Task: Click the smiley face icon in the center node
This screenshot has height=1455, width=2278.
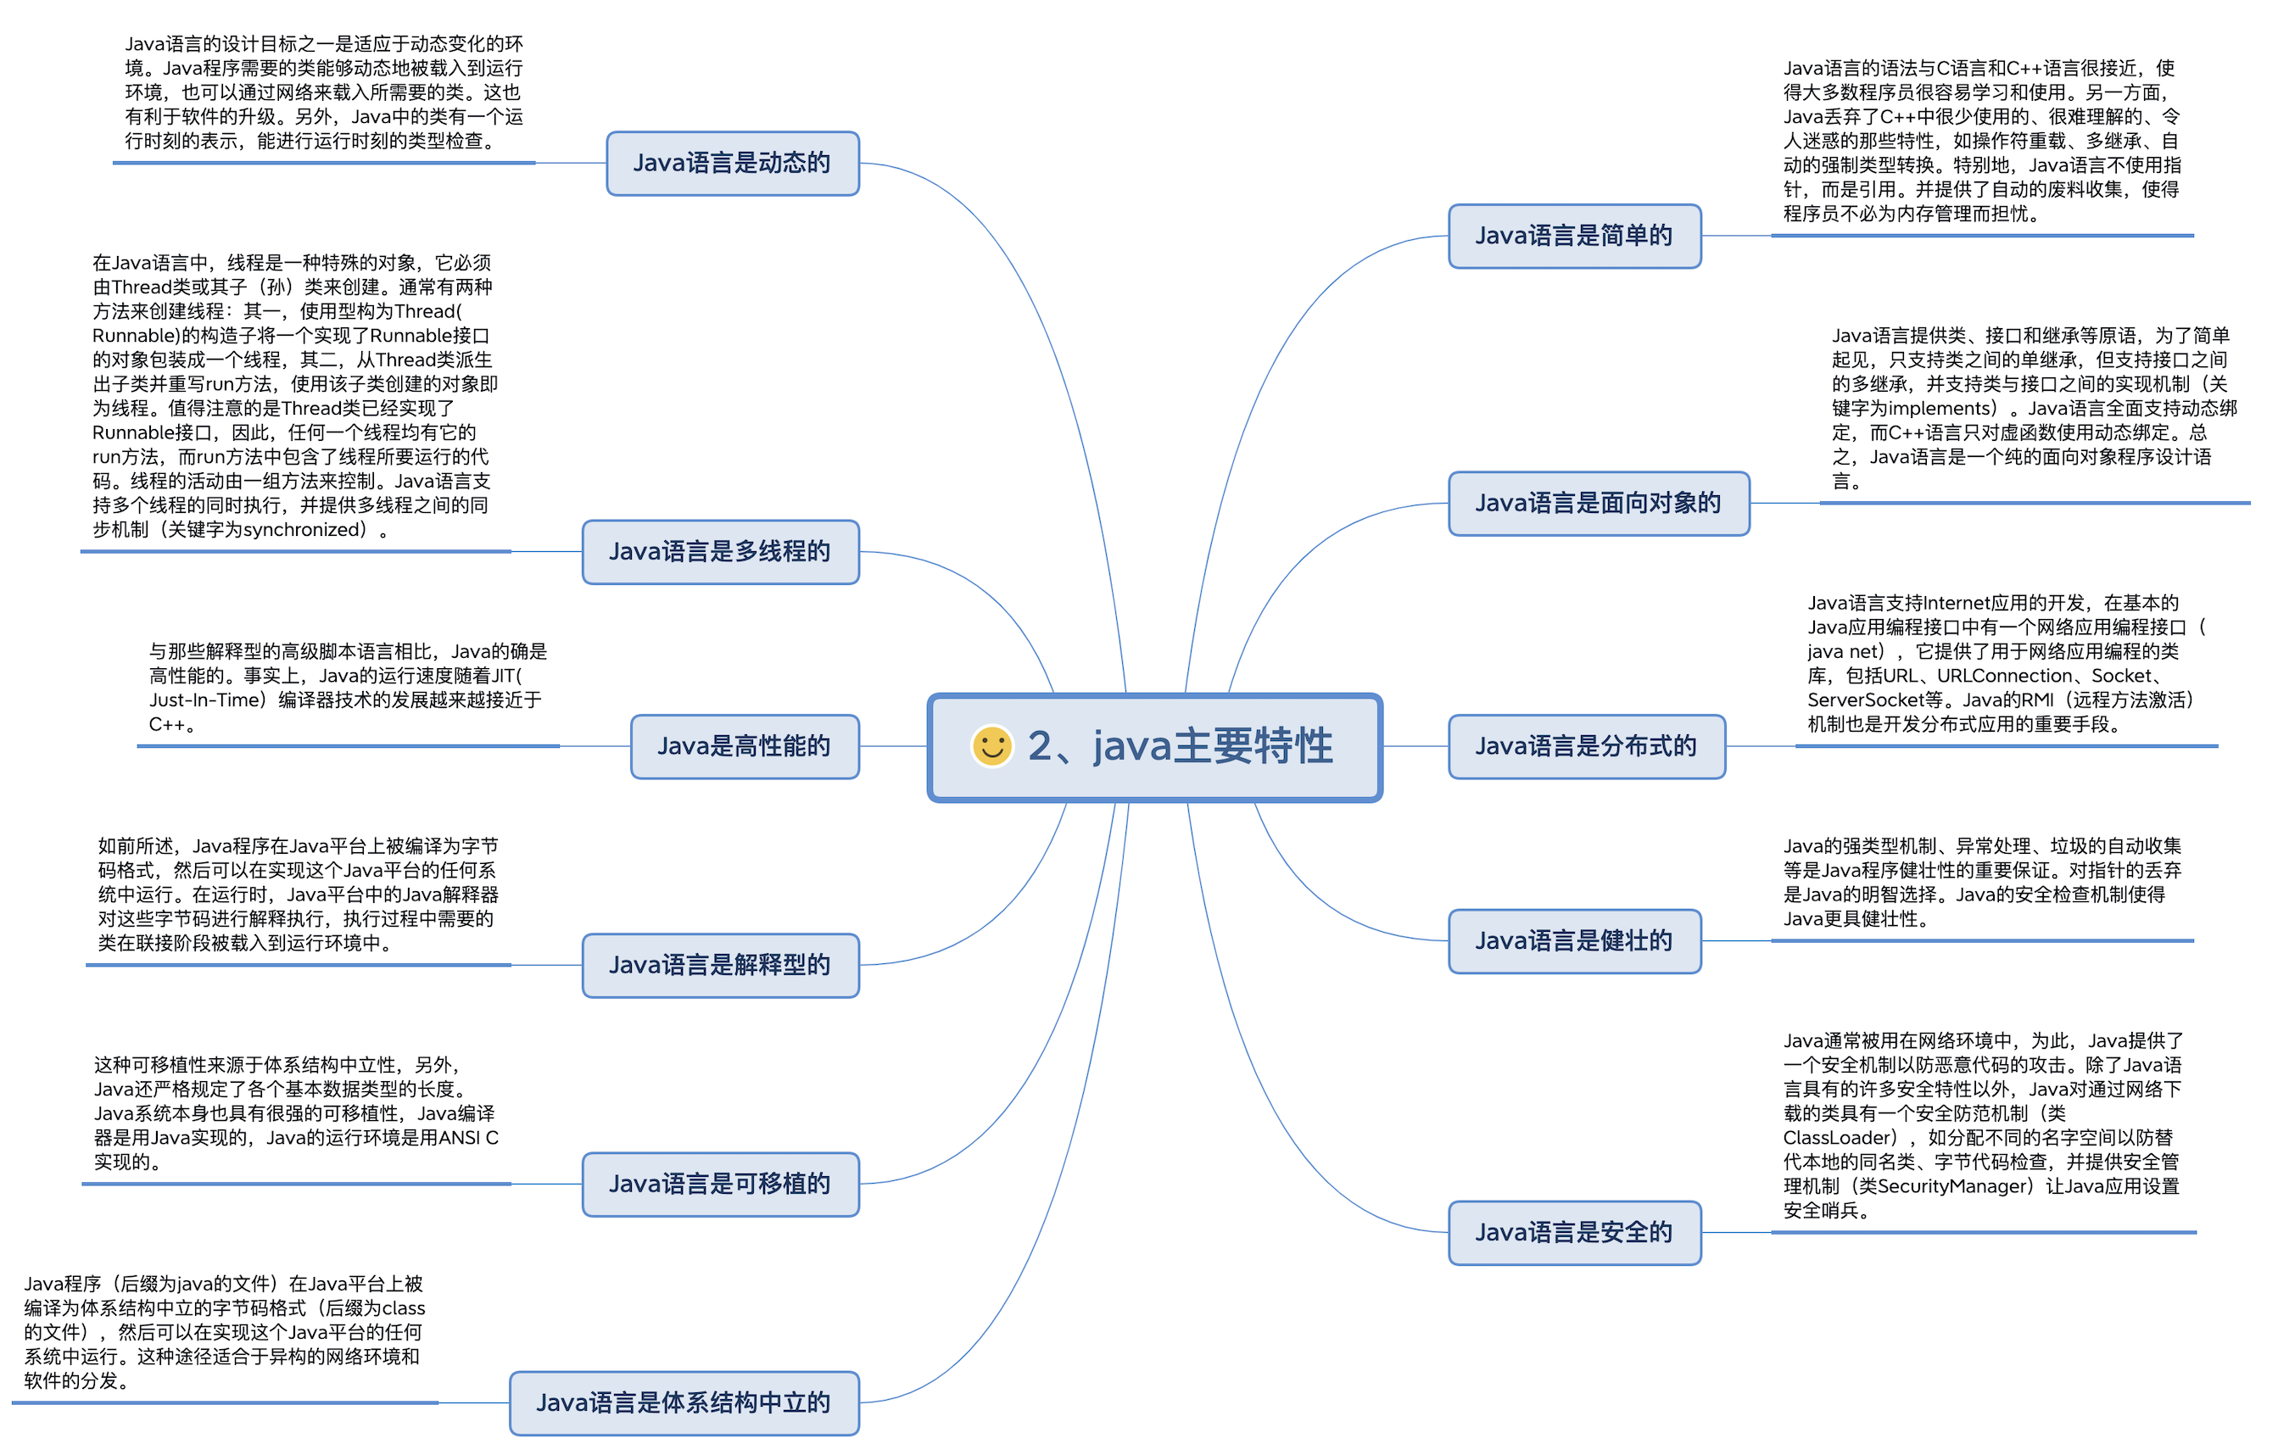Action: (991, 745)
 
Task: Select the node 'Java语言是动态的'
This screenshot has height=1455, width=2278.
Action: (732, 164)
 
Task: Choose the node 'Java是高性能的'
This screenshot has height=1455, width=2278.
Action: (745, 746)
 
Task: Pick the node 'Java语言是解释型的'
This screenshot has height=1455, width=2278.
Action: (720, 965)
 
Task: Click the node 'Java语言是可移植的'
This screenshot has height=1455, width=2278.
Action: (720, 1184)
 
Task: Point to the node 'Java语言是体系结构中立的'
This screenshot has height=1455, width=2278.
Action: (684, 1402)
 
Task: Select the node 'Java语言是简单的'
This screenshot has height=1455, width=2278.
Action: (1574, 236)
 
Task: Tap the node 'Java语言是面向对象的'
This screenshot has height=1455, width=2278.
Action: (1598, 504)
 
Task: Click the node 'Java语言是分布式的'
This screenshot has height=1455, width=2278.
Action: (1587, 746)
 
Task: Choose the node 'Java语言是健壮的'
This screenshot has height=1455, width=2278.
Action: (1574, 940)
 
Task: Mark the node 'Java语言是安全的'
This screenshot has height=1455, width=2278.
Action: (1574, 1232)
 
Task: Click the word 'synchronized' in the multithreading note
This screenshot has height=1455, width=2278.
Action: (304, 530)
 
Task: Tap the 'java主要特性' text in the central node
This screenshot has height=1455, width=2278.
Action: (1212, 745)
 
